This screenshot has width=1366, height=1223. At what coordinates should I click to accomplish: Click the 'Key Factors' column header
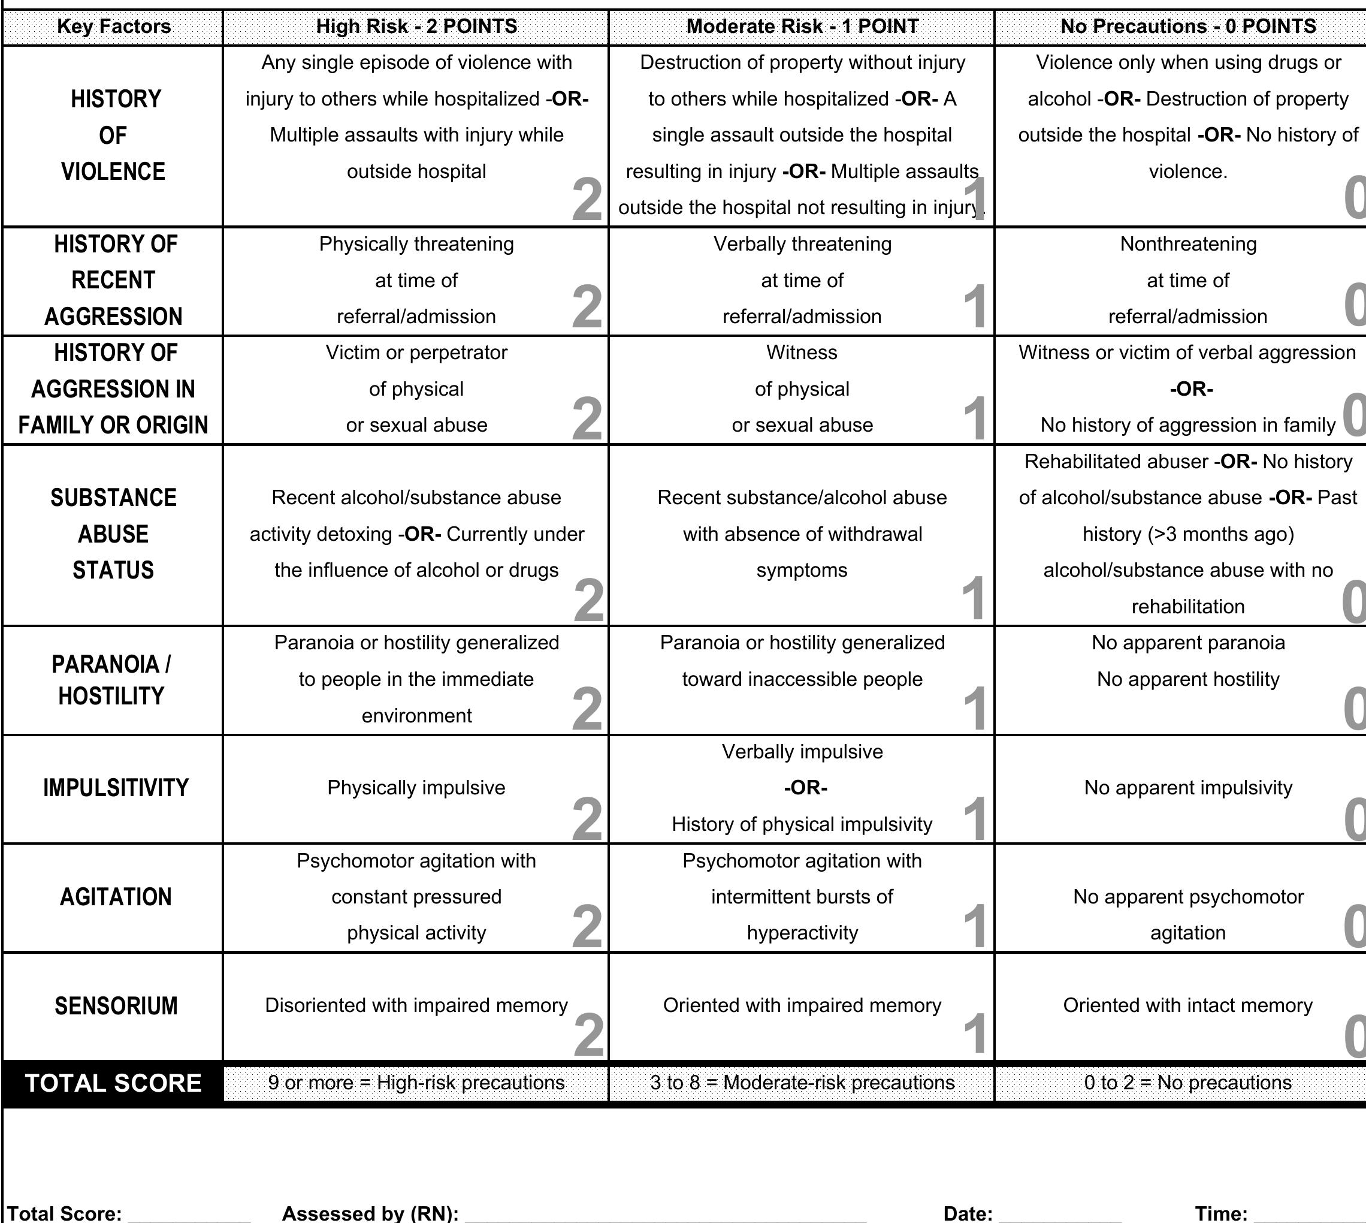click(x=113, y=27)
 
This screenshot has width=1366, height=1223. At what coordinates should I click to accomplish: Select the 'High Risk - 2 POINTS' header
click(x=416, y=27)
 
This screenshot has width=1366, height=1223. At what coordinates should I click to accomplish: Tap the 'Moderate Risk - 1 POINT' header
click(x=802, y=27)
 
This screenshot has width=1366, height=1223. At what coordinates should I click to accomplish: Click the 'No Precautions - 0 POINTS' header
click(x=1187, y=27)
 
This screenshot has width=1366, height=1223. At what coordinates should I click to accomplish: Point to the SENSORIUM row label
click(x=116, y=1006)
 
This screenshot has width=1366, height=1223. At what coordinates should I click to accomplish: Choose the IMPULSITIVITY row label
click(x=116, y=788)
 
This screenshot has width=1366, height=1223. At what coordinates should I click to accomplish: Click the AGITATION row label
click(x=116, y=897)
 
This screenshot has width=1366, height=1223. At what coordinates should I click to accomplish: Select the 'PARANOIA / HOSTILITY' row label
click(x=111, y=680)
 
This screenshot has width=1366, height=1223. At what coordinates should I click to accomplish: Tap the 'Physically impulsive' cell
click(x=416, y=788)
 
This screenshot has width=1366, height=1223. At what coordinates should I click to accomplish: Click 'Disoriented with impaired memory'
click(x=416, y=1005)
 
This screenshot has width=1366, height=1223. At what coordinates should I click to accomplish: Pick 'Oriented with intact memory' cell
click(x=1187, y=1005)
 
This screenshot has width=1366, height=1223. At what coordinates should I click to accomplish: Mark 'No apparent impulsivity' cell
click(x=1187, y=788)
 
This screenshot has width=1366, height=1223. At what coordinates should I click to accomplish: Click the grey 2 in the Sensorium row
click(x=589, y=1035)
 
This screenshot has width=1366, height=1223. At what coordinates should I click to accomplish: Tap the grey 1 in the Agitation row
click(x=974, y=927)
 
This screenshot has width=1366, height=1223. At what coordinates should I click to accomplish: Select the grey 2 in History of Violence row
click(x=587, y=200)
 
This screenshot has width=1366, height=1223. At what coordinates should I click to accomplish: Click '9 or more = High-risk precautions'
click(x=416, y=1083)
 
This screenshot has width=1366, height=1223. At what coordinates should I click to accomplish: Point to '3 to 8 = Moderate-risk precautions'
click(x=802, y=1083)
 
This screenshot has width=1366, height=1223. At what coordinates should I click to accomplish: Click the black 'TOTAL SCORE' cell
click(x=113, y=1083)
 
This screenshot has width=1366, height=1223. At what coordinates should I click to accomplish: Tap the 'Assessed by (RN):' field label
click(x=370, y=1213)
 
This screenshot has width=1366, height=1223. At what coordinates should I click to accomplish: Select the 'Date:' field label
click(x=968, y=1213)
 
